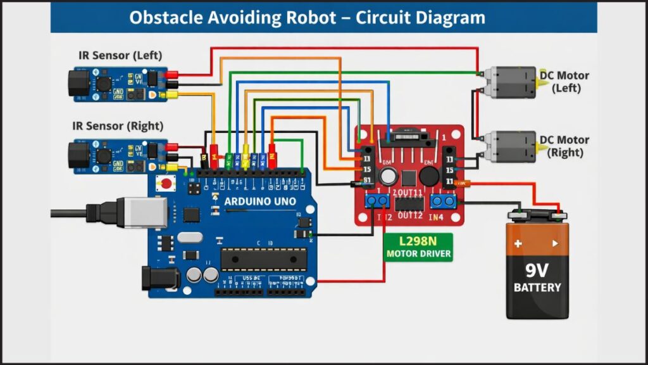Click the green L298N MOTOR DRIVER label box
(418, 247)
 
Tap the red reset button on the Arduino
(166, 184)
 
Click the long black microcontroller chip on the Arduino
(263, 259)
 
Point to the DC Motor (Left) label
(564, 81)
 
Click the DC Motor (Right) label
(564, 146)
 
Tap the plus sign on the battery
(518, 243)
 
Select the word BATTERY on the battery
(537, 288)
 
